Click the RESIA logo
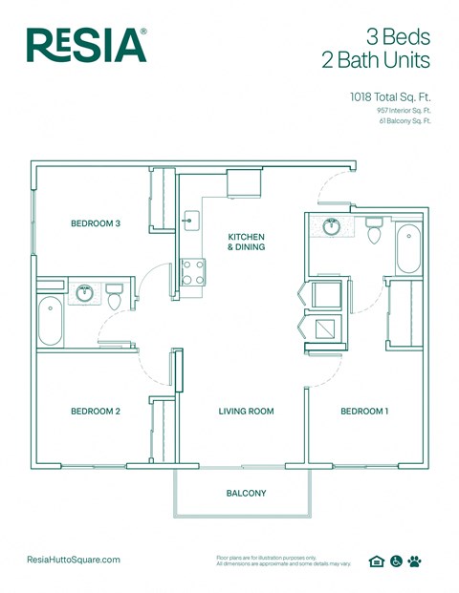pos(86,45)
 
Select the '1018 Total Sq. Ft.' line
pos(389,97)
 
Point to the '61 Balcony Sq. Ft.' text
pos(404,121)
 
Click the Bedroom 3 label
pos(96,224)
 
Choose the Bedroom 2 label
pos(96,412)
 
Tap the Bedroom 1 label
pos(365,412)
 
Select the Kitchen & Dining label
pos(246,242)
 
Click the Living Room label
pos(246,412)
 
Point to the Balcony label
pos(246,494)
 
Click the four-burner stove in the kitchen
pos(193,272)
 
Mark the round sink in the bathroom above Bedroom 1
pos(332,227)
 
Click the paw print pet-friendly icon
pos(414,561)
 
